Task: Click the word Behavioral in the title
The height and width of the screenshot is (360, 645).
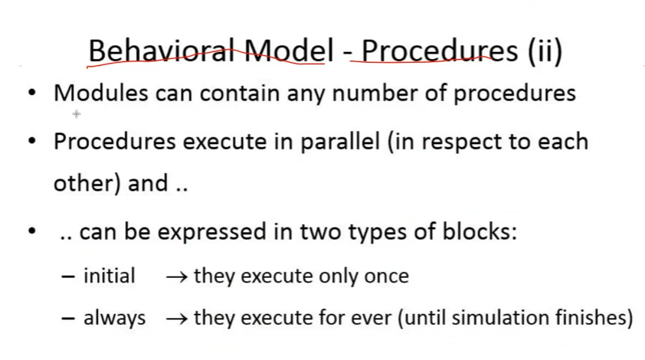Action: click(162, 51)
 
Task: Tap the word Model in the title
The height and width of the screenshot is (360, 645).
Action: click(289, 51)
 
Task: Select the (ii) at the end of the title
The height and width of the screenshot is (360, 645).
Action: click(545, 51)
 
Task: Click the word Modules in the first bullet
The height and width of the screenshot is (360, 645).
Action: click(101, 93)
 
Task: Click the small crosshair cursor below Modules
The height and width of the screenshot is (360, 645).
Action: click(77, 114)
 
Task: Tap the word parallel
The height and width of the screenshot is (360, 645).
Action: click(340, 142)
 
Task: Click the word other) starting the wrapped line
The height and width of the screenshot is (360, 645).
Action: click(87, 182)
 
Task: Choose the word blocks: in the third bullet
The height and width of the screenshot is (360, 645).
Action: click(480, 231)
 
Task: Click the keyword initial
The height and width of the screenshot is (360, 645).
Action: click(109, 275)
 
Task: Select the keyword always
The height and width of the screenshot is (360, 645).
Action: click(114, 318)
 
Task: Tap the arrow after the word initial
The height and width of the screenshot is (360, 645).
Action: click(177, 277)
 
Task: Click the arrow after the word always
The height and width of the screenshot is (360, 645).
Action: click(177, 319)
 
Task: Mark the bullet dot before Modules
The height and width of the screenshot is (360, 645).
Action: click(32, 93)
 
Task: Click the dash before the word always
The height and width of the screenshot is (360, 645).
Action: click(68, 319)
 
